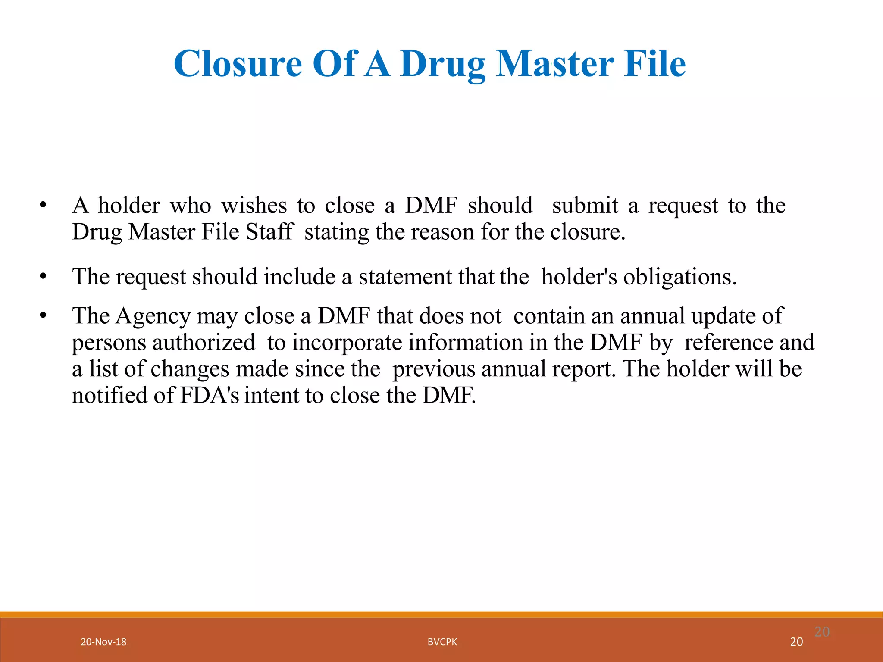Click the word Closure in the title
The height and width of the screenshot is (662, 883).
click(x=238, y=64)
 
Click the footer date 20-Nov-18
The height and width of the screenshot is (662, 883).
click(x=103, y=642)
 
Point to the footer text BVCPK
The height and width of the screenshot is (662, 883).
click(x=442, y=642)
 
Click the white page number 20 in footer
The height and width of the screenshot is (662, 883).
click(x=796, y=642)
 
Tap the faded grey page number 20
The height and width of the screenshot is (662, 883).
click(x=822, y=632)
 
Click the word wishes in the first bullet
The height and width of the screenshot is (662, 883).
click(x=254, y=205)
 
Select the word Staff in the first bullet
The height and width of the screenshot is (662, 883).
click(x=269, y=232)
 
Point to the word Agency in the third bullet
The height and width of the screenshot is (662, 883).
click(x=153, y=316)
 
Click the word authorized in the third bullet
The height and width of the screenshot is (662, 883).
click(x=204, y=343)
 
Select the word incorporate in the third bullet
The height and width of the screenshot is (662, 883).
click(x=347, y=343)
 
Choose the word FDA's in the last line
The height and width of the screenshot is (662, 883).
click(x=209, y=395)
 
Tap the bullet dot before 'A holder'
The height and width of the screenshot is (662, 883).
click(x=42, y=206)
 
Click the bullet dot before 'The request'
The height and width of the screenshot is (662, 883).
click(x=42, y=277)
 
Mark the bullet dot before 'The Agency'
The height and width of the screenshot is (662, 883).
click(x=42, y=316)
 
